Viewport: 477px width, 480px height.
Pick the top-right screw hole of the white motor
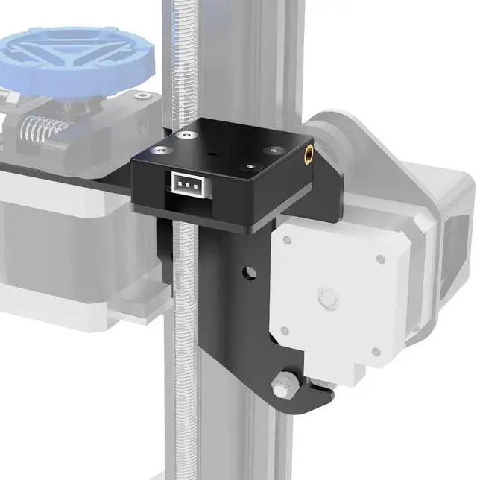point(380,259)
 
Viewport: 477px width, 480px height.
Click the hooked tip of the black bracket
point(322,391)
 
